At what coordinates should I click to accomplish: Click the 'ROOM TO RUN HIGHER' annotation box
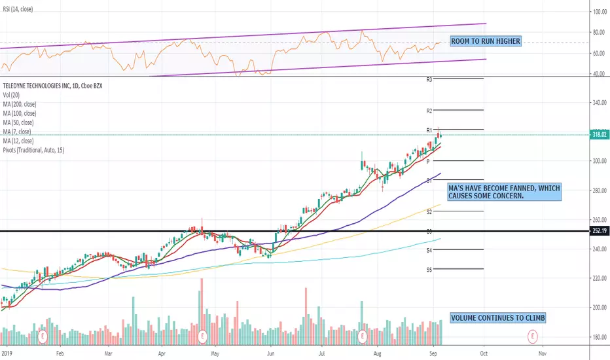point(486,41)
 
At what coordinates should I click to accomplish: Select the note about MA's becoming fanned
point(503,192)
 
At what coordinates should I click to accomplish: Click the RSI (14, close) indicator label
point(19,9)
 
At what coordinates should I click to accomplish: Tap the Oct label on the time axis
point(483,352)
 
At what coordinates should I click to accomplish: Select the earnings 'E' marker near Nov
point(533,336)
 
